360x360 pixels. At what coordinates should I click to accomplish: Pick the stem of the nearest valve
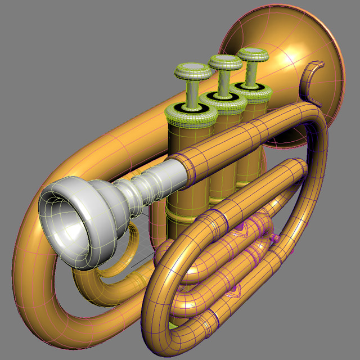click(x=191, y=93)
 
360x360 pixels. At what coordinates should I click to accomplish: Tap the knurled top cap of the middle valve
click(x=224, y=102)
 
